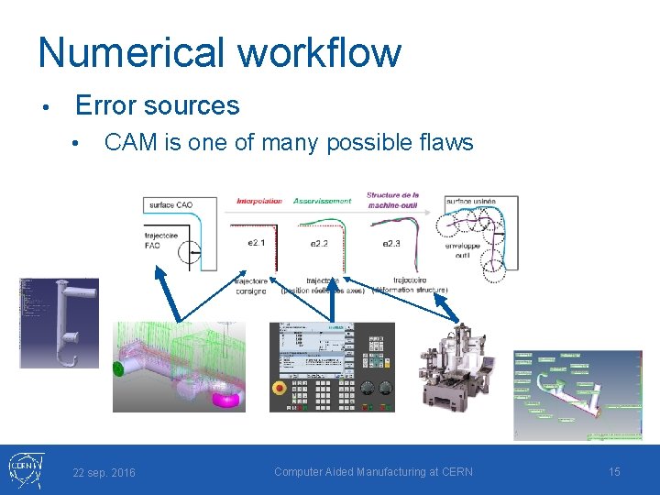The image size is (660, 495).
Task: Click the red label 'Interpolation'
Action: pyautogui.click(x=259, y=200)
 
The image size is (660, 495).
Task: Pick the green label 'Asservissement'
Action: pyautogui.click(x=322, y=200)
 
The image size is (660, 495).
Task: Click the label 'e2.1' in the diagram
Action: pyautogui.click(x=258, y=243)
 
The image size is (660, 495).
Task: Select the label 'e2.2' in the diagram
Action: pyautogui.click(x=319, y=243)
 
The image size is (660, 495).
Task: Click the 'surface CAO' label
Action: pyautogui.click(x=170, y=204)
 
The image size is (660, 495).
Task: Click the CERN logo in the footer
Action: pyautogui.click(x=24, y=469)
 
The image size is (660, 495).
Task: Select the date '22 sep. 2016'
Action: pyautogui.click(x=104, y=472)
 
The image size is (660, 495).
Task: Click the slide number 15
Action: pyautogui.click(x=614, y=471)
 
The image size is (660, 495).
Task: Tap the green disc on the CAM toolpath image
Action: pyautogui.click(x=118, y=369)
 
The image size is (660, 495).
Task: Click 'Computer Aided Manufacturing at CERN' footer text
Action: pyautogui.click(x=373, y=471)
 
